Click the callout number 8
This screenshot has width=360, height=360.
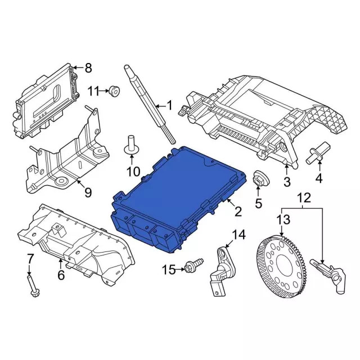click(88, 68)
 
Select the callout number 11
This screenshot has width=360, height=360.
click(93, 90)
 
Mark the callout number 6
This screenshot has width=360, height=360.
click(61, 276)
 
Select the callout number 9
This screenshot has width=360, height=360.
click(87, 193)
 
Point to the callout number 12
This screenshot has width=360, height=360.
click(304, 198)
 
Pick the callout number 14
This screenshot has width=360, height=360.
click(239, 234)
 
